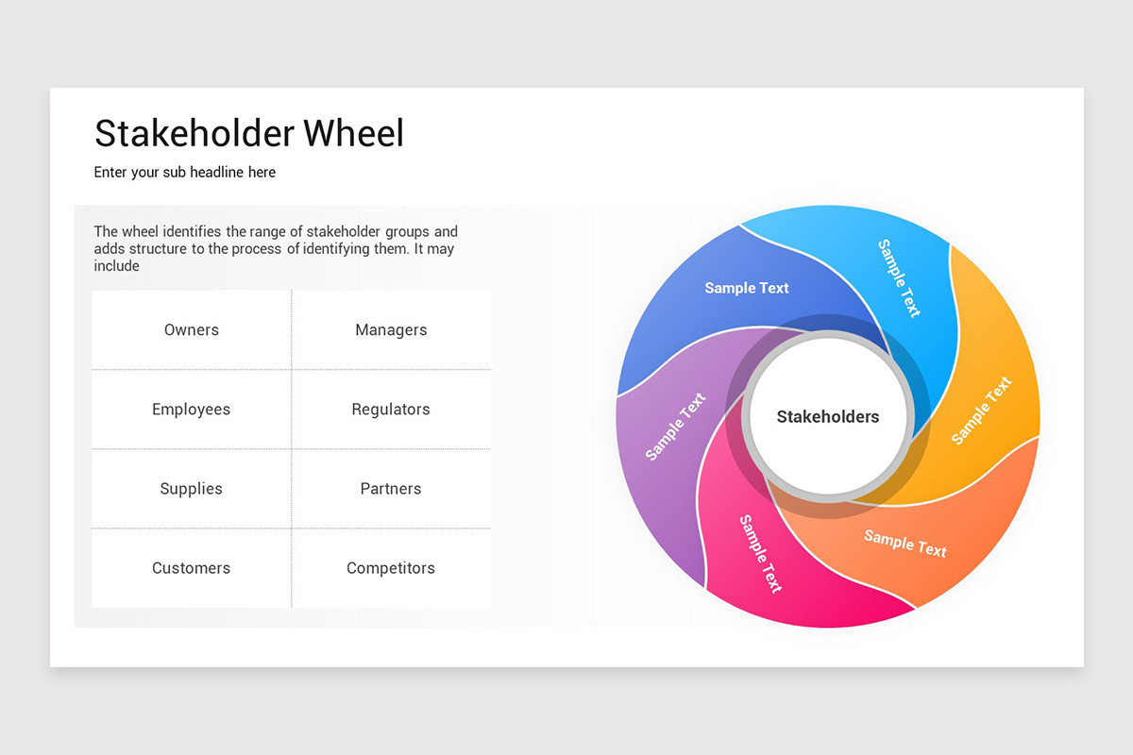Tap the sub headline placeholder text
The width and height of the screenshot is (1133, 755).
coord(185,173)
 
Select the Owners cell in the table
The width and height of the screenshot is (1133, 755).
coord(192,330)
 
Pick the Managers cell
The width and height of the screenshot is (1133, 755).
coord(391,330)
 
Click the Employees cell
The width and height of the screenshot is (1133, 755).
coord(192,410)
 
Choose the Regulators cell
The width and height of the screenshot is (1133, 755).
coord(391,410)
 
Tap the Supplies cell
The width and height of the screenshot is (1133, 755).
coord(192,489)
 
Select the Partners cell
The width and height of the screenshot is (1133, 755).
coord(391,489)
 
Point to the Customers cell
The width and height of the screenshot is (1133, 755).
coord(192,568)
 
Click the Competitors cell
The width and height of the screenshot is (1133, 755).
coord(391,568)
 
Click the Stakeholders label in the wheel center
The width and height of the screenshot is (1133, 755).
coord(828,417)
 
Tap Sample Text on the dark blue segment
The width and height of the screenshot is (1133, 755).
coord(747,288)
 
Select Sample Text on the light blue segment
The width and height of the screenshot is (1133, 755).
coord(899,277)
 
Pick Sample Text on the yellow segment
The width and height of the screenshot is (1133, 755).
coord(981,411)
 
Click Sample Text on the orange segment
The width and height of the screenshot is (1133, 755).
coord(905,543)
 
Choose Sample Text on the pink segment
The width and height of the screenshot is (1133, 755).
coord(761,553)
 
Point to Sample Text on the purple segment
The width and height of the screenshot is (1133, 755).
coord(675,427)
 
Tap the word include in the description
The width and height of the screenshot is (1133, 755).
coord(116,266)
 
